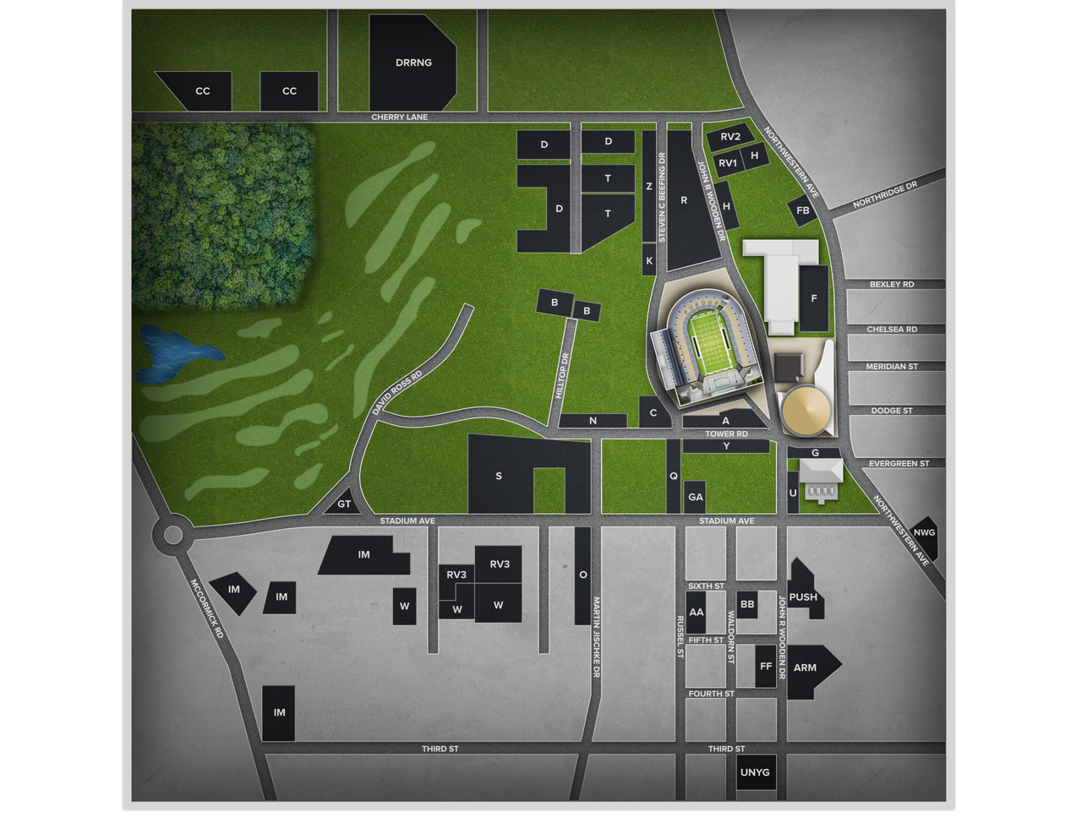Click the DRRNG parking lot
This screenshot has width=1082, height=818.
pyautogui.click(x=413, y=63)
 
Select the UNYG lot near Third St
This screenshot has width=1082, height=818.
pyautogui.click(x=755, y=772)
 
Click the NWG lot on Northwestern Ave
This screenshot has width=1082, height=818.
pyautogui.click(x=924, y=533)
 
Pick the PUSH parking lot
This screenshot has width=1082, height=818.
pyautogui.click(x=803, y=596)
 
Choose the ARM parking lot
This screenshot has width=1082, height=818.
pyautogui.click(x=807, y=668)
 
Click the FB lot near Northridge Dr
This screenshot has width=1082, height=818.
pyautogui.click(x=803, y=210)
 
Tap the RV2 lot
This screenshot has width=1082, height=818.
pyautogui.click(x=730, y=137)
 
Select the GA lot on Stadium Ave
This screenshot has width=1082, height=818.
pyautogui.click(x=695, y=497)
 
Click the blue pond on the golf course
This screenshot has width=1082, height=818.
pyautogui.click(x=173, y=354)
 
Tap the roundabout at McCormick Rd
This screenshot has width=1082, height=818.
pyautogui.click(x=172, y=534)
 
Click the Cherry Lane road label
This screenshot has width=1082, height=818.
pyautogui.click(x=400, y=117)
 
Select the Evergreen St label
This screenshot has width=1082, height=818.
pyautogui.click(x=899, y=464)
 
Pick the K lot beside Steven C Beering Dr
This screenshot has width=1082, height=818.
pyautogui.click(x=649, y=260)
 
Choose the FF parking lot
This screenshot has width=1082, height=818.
pyautogui.click(x=766, y=666)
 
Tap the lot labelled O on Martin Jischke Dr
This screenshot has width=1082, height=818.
pyautogui.click(x=582, y=575)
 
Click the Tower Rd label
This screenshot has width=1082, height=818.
pyautogui.click(x=726, y=434)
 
